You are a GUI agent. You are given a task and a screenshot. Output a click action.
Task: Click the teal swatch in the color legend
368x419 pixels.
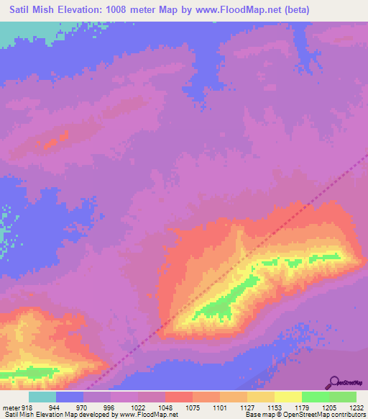click(x=42, y=397)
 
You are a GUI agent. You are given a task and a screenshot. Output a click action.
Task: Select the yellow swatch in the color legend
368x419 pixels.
click(x=287, y=397)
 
